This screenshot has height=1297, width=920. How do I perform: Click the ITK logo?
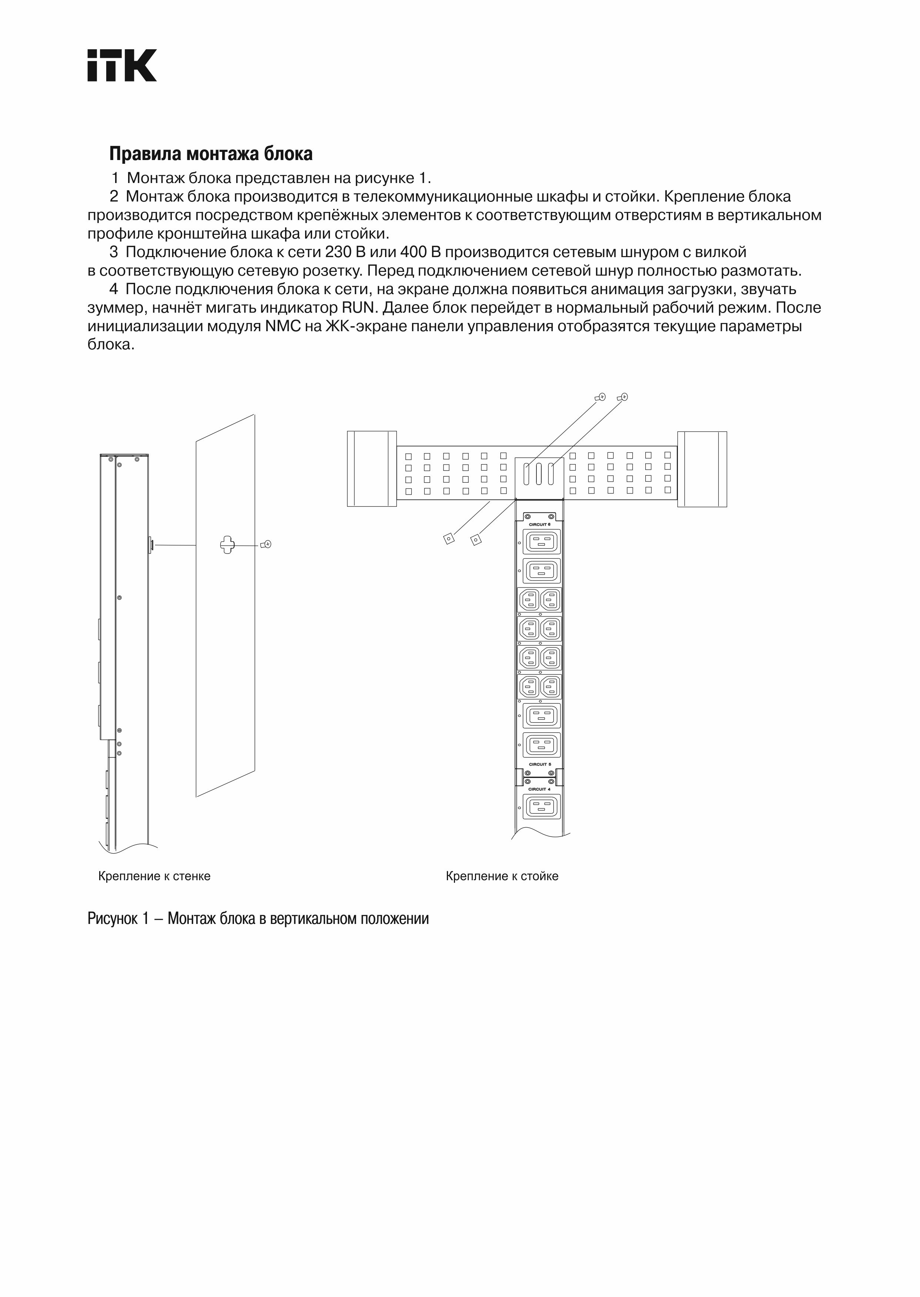click(122, 65)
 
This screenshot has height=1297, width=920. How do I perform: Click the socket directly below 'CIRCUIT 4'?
click(542, 806)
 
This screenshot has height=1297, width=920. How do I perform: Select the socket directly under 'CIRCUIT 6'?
click(542, 542)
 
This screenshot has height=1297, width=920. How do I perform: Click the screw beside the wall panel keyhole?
click(266, 545)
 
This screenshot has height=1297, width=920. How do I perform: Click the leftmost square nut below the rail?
click(449, 539)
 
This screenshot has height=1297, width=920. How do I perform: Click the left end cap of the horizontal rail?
click(372, 469)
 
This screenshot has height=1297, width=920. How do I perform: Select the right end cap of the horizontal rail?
click(702, 469)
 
